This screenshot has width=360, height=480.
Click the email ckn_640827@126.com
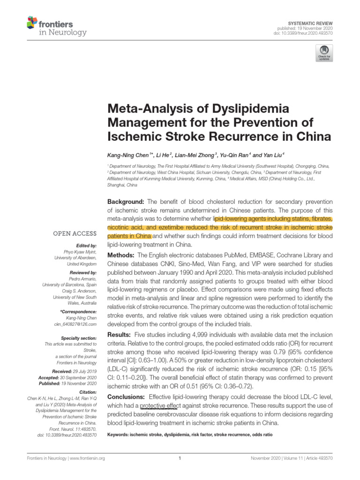[x=78, y=324]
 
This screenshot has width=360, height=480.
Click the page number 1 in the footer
[x=180, y=458]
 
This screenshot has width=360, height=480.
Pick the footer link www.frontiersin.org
[x=88, y=458]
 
